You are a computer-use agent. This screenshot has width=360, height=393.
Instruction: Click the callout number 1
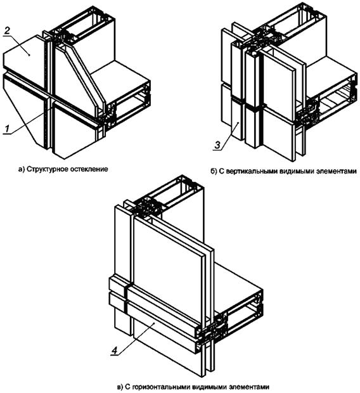click(x=7, y=129)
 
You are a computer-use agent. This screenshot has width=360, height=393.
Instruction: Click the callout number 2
click(x=7, y=31)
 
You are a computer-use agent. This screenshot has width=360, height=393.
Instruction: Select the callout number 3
click(x=217, y=145)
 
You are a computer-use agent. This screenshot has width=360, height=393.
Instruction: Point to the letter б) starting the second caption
click(x=213, y=171)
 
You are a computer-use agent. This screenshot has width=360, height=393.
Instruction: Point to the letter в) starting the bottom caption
click(x=120, y=387)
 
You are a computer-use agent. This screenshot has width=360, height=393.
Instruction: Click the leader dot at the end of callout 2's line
click(x=30, y=55)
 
